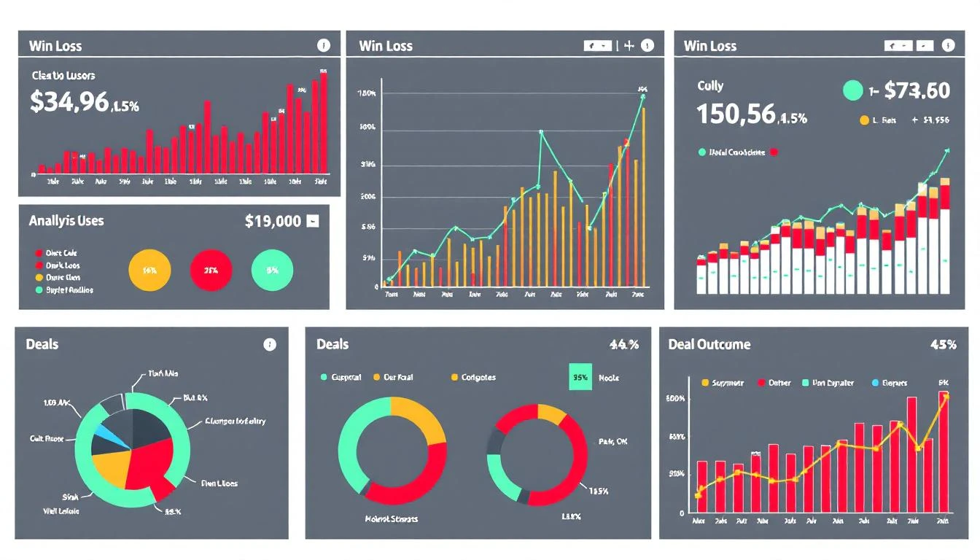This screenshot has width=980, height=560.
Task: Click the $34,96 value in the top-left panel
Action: click(x=69, y=101)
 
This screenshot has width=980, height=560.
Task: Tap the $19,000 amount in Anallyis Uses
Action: click(x=273, y=221)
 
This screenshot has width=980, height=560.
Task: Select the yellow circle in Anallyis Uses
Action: click(x=149, y=270)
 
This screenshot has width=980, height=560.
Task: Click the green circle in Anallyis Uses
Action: click(x=272, y=270)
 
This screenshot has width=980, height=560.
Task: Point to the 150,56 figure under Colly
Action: click(x=736, y=114)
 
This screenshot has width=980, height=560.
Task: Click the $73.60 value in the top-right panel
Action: click(x=917, y=90)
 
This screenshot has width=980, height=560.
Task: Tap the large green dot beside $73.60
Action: click(x=852, y=90)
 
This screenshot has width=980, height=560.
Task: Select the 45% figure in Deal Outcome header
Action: click(x=943, y=344)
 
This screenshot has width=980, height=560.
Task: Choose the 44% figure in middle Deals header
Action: click(x=623, y=344)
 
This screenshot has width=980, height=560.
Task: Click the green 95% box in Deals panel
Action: click(x=580, y=378)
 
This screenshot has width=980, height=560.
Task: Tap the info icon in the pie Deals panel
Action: click(x=270, y=345)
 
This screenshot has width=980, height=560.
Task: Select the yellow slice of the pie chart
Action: click(x=111, y=467)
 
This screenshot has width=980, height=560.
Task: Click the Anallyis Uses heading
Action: click(x=66, y=220)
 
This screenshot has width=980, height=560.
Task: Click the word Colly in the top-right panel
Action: click(x=710, y=85)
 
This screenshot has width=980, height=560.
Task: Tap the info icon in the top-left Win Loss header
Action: click(x=324, y=45)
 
